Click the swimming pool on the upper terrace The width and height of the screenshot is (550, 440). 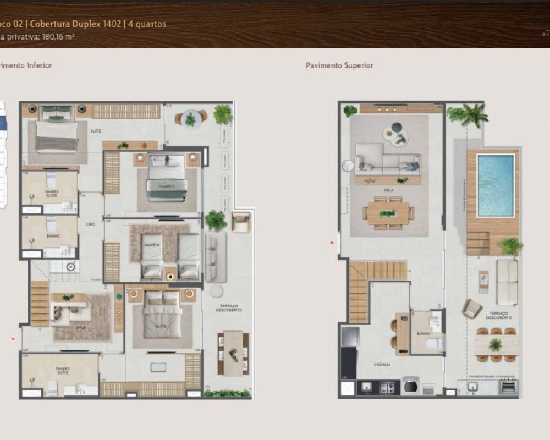click(496, 185)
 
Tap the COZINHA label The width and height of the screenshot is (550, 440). click(382, 364)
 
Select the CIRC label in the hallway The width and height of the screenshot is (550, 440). click(91, 224)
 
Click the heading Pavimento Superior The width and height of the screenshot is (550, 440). click(339, 65)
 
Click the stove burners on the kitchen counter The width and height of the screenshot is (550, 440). click(387, 388)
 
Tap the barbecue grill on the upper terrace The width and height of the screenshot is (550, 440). click(508, 387)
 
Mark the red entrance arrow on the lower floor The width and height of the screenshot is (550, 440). click(13, 339)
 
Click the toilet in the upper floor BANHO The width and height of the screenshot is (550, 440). click(434, 343)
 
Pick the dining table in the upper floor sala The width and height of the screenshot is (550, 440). click(388, 213)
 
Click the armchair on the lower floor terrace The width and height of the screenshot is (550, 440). click(240, 222)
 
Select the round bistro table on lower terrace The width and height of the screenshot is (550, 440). click(190, 118)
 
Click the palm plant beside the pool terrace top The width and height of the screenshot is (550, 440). click(473, 114)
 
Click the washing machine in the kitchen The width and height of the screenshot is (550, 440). click(410, 386)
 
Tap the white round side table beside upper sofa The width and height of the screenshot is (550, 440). click(348, 165)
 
